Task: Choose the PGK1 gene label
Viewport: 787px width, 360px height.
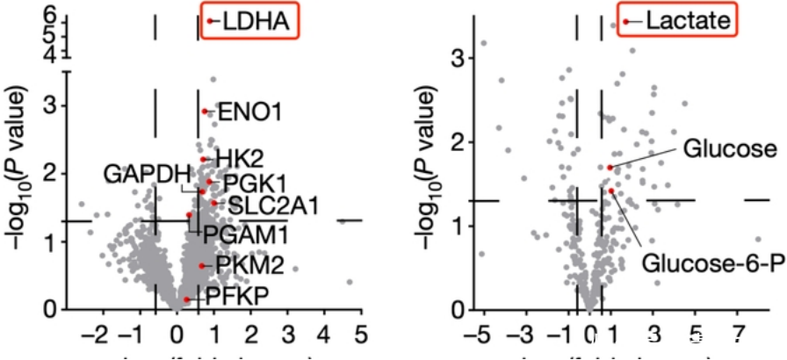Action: [255, 184]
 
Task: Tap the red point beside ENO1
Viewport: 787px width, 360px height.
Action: [206, 112]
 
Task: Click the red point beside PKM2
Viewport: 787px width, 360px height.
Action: [202, 265]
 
